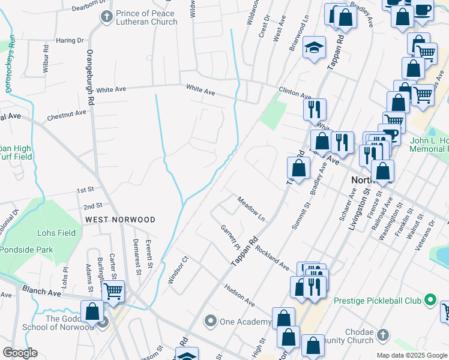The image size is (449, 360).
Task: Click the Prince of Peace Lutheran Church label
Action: tap(146, 17)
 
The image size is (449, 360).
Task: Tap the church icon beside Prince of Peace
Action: tap(107, 17)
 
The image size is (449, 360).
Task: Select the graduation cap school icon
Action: tap(314, 50)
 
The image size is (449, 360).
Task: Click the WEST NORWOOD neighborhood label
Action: tap(120, 220)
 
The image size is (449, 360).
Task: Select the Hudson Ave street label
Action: tap(240, 296)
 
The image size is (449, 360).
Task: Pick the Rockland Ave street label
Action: tap(272, 256)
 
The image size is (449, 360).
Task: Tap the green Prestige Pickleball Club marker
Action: tap(430, 299)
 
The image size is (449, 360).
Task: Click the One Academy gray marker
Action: tap(210, 322)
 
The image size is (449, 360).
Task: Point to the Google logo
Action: tap(20, 353)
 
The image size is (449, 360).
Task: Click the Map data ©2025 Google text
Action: tap(411, 355)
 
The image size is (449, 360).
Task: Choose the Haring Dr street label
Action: tap(70, 41)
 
